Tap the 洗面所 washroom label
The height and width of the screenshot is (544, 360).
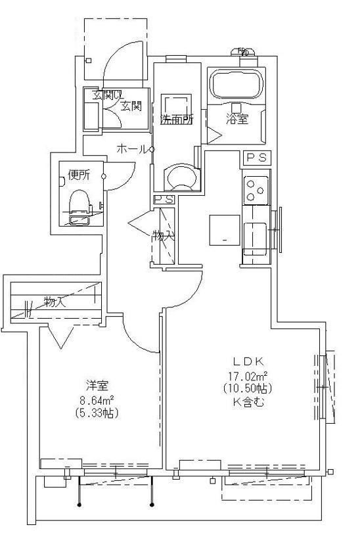tap(175, 120)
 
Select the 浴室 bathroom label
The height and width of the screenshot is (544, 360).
tap(238, 120)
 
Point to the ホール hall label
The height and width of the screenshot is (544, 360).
tap(132, 150)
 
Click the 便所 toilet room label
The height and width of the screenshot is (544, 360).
tap(79, 175)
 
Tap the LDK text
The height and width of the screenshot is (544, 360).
tap(249, 361)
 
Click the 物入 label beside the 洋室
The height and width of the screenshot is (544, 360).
tap(55, 302)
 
